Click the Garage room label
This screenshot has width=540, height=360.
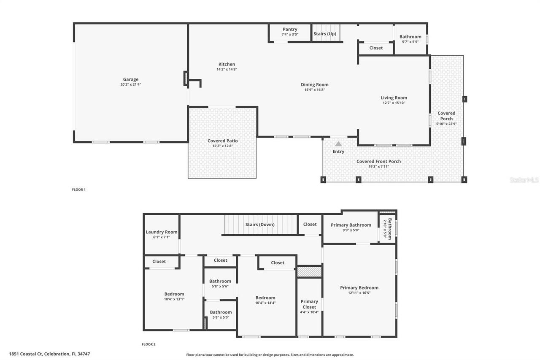pos(130,79)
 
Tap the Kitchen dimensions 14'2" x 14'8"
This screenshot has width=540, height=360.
pos(227,69)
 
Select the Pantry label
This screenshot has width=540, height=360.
pos(290,30)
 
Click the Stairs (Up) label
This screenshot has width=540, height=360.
pos(325,34)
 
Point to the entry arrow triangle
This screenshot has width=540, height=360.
pos(338,144)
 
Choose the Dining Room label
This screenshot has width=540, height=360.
pos(314,84)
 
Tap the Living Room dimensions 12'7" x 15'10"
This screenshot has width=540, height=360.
pos(394,103)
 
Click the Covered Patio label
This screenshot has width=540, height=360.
pos(222,141)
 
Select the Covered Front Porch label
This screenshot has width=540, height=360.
pos(378,161)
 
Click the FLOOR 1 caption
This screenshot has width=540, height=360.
pos(78,189)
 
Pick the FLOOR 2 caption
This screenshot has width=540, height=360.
pos(148,344)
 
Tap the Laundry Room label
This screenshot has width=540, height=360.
pos(162,232)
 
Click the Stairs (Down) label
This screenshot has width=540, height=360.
pos(260,225)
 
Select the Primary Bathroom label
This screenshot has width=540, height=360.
pos(351,225)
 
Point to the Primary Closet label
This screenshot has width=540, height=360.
pos(309,304)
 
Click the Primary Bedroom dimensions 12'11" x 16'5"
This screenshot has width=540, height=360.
pos(359,293)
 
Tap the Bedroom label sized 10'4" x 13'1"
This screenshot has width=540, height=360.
pos(174,294)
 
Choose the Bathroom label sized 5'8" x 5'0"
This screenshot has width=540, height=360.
pos(220,312)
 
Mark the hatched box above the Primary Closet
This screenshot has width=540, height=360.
pos(309,271)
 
